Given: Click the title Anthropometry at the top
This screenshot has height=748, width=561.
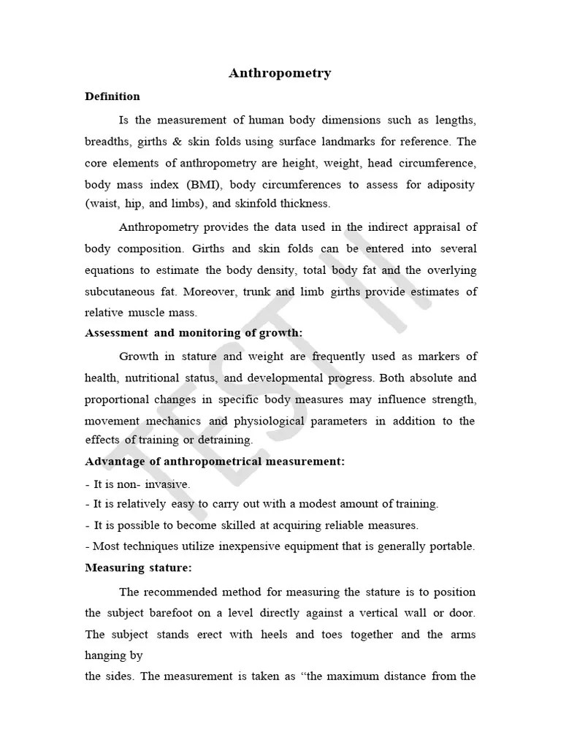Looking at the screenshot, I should tap(280, 73).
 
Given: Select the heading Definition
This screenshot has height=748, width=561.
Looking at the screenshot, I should tap(112, 96).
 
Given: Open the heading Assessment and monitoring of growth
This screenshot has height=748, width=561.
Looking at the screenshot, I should tap(194, 333).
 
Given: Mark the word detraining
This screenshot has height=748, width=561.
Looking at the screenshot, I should tap(224, 440).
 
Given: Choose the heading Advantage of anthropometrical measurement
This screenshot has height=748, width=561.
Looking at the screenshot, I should tap(215, 462).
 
